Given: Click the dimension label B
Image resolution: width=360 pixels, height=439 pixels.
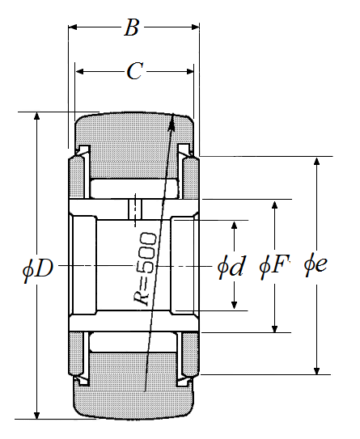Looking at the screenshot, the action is coord(132,27).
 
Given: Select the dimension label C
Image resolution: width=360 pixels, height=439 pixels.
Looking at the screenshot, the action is coord(135,71).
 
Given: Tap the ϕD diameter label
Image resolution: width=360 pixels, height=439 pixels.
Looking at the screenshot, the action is coord(38,268).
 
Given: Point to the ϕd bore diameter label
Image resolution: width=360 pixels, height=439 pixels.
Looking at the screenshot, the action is coord(231,267).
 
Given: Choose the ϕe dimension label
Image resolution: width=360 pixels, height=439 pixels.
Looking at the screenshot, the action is coord(316,264).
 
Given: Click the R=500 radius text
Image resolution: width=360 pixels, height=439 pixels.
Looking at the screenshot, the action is coord(145,269).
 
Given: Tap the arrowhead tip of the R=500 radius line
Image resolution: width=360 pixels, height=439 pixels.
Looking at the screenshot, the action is coord(173,113).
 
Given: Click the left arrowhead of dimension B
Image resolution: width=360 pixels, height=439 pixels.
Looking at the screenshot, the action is coord(73,27).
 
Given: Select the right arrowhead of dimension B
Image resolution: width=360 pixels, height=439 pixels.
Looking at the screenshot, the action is coord(195,27).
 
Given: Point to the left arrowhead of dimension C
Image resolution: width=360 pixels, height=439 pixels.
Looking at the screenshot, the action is coord(79,72).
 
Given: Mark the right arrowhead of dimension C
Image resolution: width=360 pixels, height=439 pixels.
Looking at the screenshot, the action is coord(189,72).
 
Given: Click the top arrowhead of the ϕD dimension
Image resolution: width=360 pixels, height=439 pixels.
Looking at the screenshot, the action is coord(36,116).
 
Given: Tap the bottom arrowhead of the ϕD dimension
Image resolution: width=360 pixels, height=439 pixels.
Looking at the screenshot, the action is coord(36,416).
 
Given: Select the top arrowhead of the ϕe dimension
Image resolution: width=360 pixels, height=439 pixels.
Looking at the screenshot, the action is coord(316,161).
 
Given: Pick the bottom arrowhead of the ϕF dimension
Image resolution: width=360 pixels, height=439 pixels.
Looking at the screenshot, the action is coord(275,329).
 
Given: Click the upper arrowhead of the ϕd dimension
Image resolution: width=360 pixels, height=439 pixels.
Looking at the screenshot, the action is coord(235,225).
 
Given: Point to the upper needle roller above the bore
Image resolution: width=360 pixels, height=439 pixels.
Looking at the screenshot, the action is coord(134,188).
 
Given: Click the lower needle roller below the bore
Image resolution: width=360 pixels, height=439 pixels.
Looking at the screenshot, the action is coord(133,342).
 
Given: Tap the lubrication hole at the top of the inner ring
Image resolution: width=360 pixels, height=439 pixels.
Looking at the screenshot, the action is coord(135,209).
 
